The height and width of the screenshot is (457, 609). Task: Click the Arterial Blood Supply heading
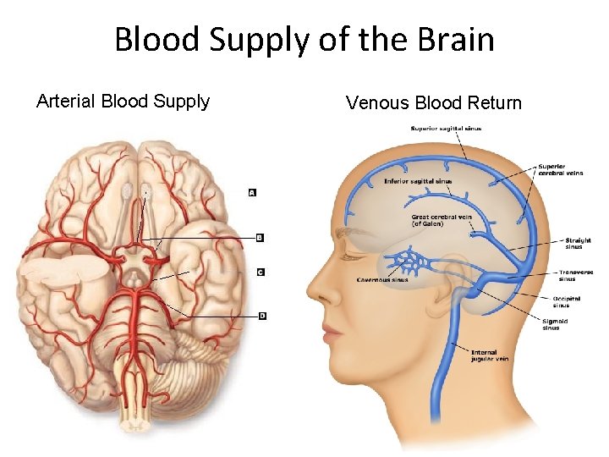pyautogui.click(x=123, y=102)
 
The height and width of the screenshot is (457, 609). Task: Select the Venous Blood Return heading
pyautogui.click(x=434, y=103)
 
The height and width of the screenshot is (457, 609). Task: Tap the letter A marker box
pyautogui.click(x=252, y=192)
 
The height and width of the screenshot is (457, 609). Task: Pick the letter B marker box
pyautogui.click(x=260, y=238)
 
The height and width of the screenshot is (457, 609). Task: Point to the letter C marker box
pyautogui.click(x=261, y=272)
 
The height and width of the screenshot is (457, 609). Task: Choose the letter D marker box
pyautogui.click(x=262, y=316)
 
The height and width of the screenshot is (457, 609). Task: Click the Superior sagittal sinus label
pyautogui.click(x=446, y=129)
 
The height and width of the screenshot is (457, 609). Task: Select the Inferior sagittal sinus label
pyautogui.click(x=418, y=181)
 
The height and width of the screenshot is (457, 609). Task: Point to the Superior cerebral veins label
pyautogui.click(x=560, y=169)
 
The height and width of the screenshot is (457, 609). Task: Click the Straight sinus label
pyautogui.click(x=578, y=243)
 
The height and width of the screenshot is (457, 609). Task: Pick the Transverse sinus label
pyautogui.click(x=575, y=275)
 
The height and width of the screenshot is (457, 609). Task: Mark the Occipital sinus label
pyautogui.click(x=567, y=301)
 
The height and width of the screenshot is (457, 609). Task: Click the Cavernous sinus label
pyautogui.click(x=382, y=279)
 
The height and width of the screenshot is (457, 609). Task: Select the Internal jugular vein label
pyautogui.click(x=490, y=355)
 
